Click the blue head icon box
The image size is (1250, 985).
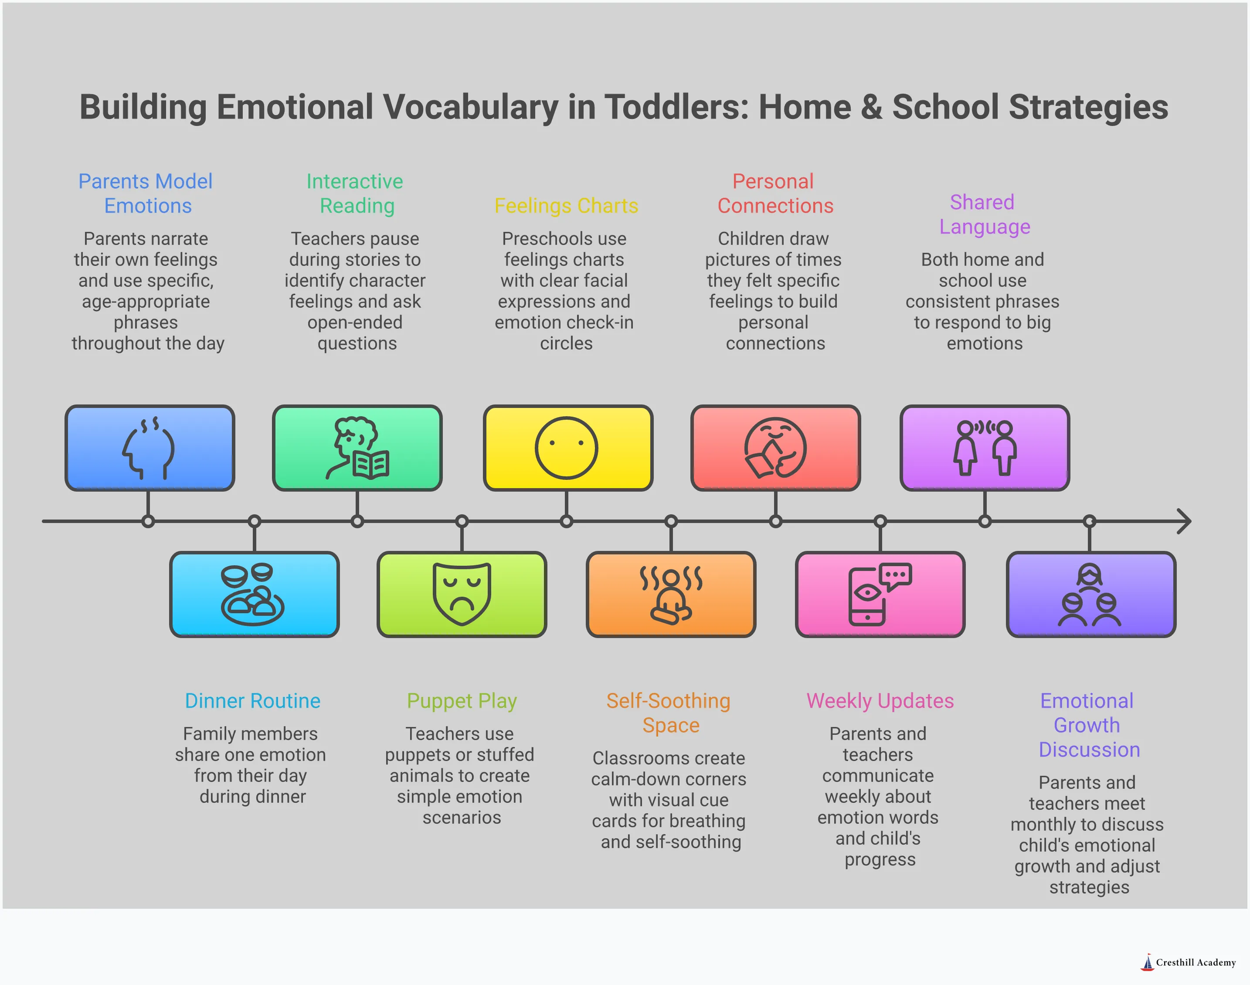(x=149, y=448)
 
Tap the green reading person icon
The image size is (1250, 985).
(x=357, y=448)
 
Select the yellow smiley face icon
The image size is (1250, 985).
(x=567, y=448)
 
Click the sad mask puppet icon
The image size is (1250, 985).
(x=462, y=594)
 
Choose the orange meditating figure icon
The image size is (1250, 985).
(x=671, y=594)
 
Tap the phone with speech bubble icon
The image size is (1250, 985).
(x=880, y=594)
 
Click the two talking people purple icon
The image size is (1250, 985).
(x=984, y=448)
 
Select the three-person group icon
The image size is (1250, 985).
(x=1090, y=594)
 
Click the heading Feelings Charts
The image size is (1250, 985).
(x=566, y=206)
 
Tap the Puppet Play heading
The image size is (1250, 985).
(x=462, y=701)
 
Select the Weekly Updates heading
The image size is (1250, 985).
(x=880, y=701)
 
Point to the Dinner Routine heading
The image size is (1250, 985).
(x=252, y=701)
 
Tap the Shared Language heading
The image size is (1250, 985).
(x=984, y=214)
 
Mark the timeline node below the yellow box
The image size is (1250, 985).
(x=567, y=521)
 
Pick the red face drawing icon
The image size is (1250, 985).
(x=775, y=448)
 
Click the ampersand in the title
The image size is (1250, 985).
(x=871, y=107)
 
